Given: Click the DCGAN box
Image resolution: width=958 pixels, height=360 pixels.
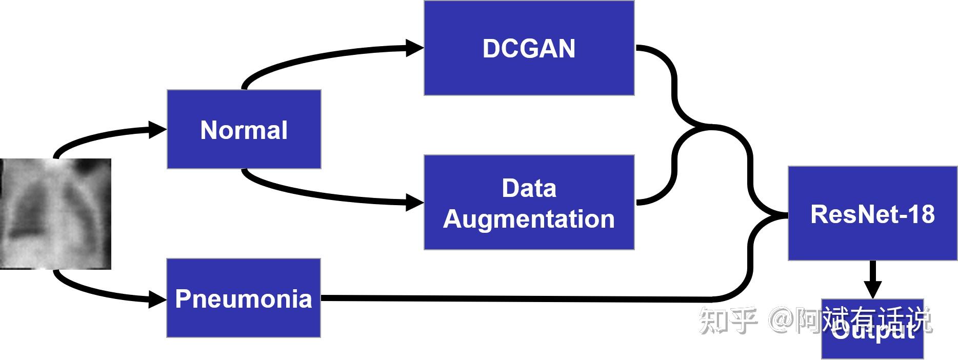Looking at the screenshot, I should tap(529, 48).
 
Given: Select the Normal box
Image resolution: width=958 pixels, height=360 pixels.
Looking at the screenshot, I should tap(244, 129).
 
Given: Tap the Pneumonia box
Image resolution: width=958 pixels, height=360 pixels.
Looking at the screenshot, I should tap(244, 298).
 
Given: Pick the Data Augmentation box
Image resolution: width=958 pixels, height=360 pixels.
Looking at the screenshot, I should tap(529, 203).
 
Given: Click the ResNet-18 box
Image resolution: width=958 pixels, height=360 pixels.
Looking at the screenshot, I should tap(872, 213).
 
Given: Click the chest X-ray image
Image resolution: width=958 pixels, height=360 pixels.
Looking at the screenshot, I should tap(55, 214).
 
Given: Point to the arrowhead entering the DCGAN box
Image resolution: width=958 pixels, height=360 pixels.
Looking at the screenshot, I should tap(414, 48).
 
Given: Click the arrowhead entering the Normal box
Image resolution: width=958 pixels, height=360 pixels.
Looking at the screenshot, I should tap(157, 130).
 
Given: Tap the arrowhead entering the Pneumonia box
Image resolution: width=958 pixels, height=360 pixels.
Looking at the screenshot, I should tap(157, 298).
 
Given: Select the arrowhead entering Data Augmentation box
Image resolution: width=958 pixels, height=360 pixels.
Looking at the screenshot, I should tap(414, 202).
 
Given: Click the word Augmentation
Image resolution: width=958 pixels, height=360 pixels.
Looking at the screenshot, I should tap(529, 219).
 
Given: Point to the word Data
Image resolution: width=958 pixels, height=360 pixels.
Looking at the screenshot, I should tap(529, 188).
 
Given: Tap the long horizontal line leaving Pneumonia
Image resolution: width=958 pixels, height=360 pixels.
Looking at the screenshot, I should tap(513, 298).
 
